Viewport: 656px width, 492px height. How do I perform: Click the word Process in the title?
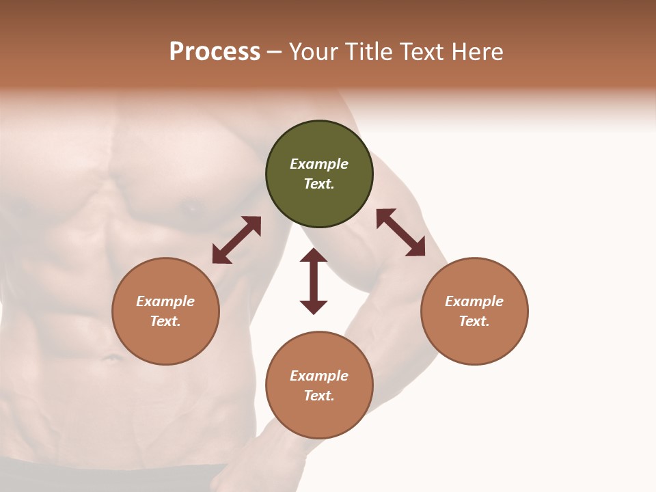pos(215,51)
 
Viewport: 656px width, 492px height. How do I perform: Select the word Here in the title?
pos(476,51)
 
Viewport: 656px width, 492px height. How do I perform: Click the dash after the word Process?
pos(274,52)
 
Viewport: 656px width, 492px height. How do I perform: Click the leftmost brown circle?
pos(165,311)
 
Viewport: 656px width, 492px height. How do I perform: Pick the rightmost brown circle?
pos(474,311)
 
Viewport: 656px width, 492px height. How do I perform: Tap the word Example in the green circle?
pos(319,164)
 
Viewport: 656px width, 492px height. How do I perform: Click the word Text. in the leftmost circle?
pos(165,321)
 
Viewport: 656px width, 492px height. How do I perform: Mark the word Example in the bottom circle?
pos(319,376)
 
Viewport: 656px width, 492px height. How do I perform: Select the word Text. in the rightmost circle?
pos(474,321)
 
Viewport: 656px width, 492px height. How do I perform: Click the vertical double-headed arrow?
pos(314,281)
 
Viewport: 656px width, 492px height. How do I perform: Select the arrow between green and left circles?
pos(236,240)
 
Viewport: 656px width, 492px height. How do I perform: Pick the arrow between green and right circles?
pos(400,232)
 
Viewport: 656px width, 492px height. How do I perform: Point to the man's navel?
pos(109,357)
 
